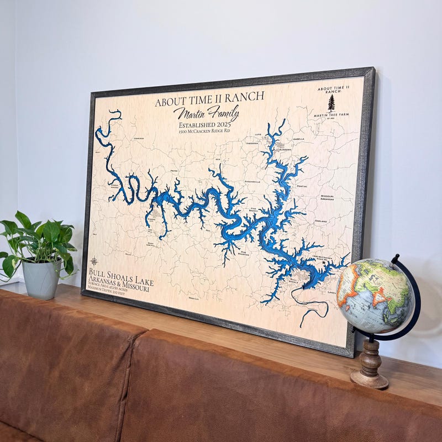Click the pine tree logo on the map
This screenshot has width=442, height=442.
click(331, 103)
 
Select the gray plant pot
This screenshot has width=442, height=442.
click(41, 278)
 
